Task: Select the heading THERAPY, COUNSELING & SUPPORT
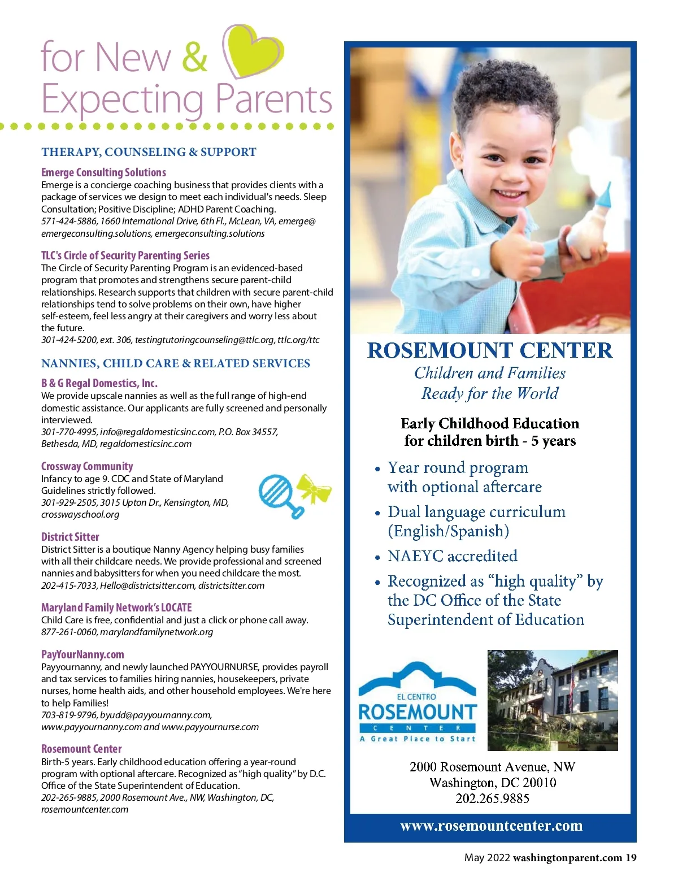coord(149,152)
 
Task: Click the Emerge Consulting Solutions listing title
coord(103,172)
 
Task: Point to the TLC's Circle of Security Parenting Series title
coord(125,255)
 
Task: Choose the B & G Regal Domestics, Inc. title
coord(99,383)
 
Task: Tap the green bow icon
coord(314,488)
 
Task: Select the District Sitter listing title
coord(70,537)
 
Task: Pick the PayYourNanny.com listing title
coord(82,654)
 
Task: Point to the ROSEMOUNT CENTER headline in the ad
coord(490,350)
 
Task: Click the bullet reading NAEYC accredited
coord(452,556)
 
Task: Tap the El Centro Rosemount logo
coord(418,702)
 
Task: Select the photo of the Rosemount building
coord(552,700)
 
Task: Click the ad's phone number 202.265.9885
coord(492,798)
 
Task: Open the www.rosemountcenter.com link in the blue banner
coord(491,826)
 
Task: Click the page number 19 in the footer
coord(631,858)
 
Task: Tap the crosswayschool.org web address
coord(80,514)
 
